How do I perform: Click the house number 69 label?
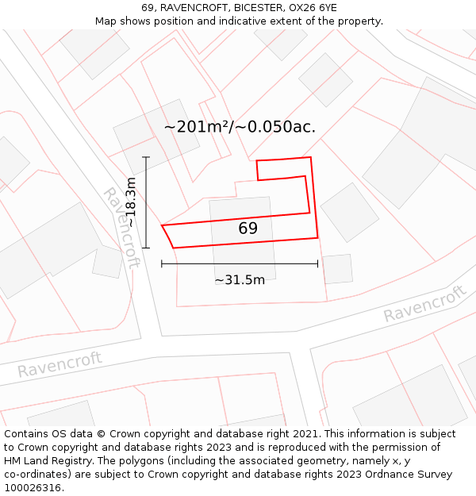(248, 229)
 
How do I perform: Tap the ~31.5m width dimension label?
(240, 279)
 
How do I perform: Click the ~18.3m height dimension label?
(132, 203)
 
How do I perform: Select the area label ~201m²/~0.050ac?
(240, 126)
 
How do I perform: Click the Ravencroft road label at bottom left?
(59, 364)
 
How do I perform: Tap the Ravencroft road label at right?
(424, 304)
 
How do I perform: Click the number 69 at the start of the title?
(148, 7)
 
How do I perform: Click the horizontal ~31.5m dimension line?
(240, 263)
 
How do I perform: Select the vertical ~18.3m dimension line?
(146, 202)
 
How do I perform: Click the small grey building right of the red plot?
(349, 212)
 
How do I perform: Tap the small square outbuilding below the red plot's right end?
(337, 269)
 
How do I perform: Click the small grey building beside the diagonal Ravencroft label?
(107, 261)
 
